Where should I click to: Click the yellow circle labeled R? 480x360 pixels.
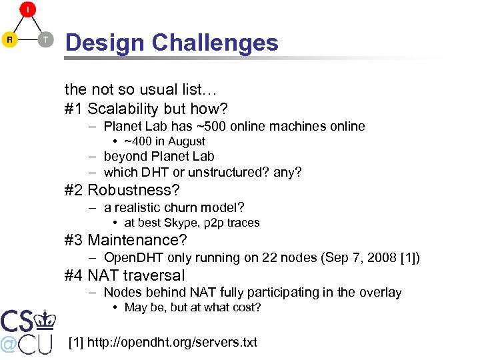(x=9, y=39)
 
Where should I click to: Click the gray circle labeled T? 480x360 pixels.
(x=45, y=39)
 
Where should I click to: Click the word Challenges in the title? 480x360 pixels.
(x=215, y=43)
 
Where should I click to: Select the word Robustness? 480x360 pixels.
(x=133, y=190)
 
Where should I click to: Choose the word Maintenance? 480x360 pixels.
(x=137, y=240)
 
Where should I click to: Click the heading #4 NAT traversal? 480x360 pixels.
(x=125, y=275)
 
